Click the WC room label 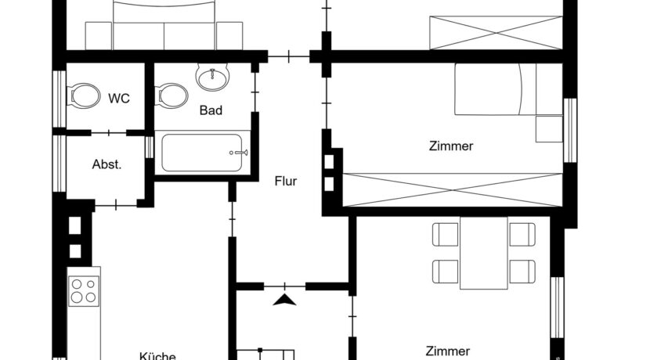[x=119, y=99]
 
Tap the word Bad [x=211, y=110]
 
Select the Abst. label [x=107, y=164]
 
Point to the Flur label [x=286, y=181]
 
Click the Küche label [x=157, y=356]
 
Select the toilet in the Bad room [x=172, y=95]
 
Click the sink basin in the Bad [x=213, y=77]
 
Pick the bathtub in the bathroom [x=202, y=153]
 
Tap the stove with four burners [x=84, y=291]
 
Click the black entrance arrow [x=285, y=300]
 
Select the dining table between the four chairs [x=484, y=253]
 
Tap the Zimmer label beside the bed [x=451, y=146]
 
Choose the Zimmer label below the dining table [x=448, y=351]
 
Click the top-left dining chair [x=446, y=235]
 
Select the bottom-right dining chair [x=522, y=272]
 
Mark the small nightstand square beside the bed [x=549, y=129]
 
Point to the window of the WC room [x=60, y=99]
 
